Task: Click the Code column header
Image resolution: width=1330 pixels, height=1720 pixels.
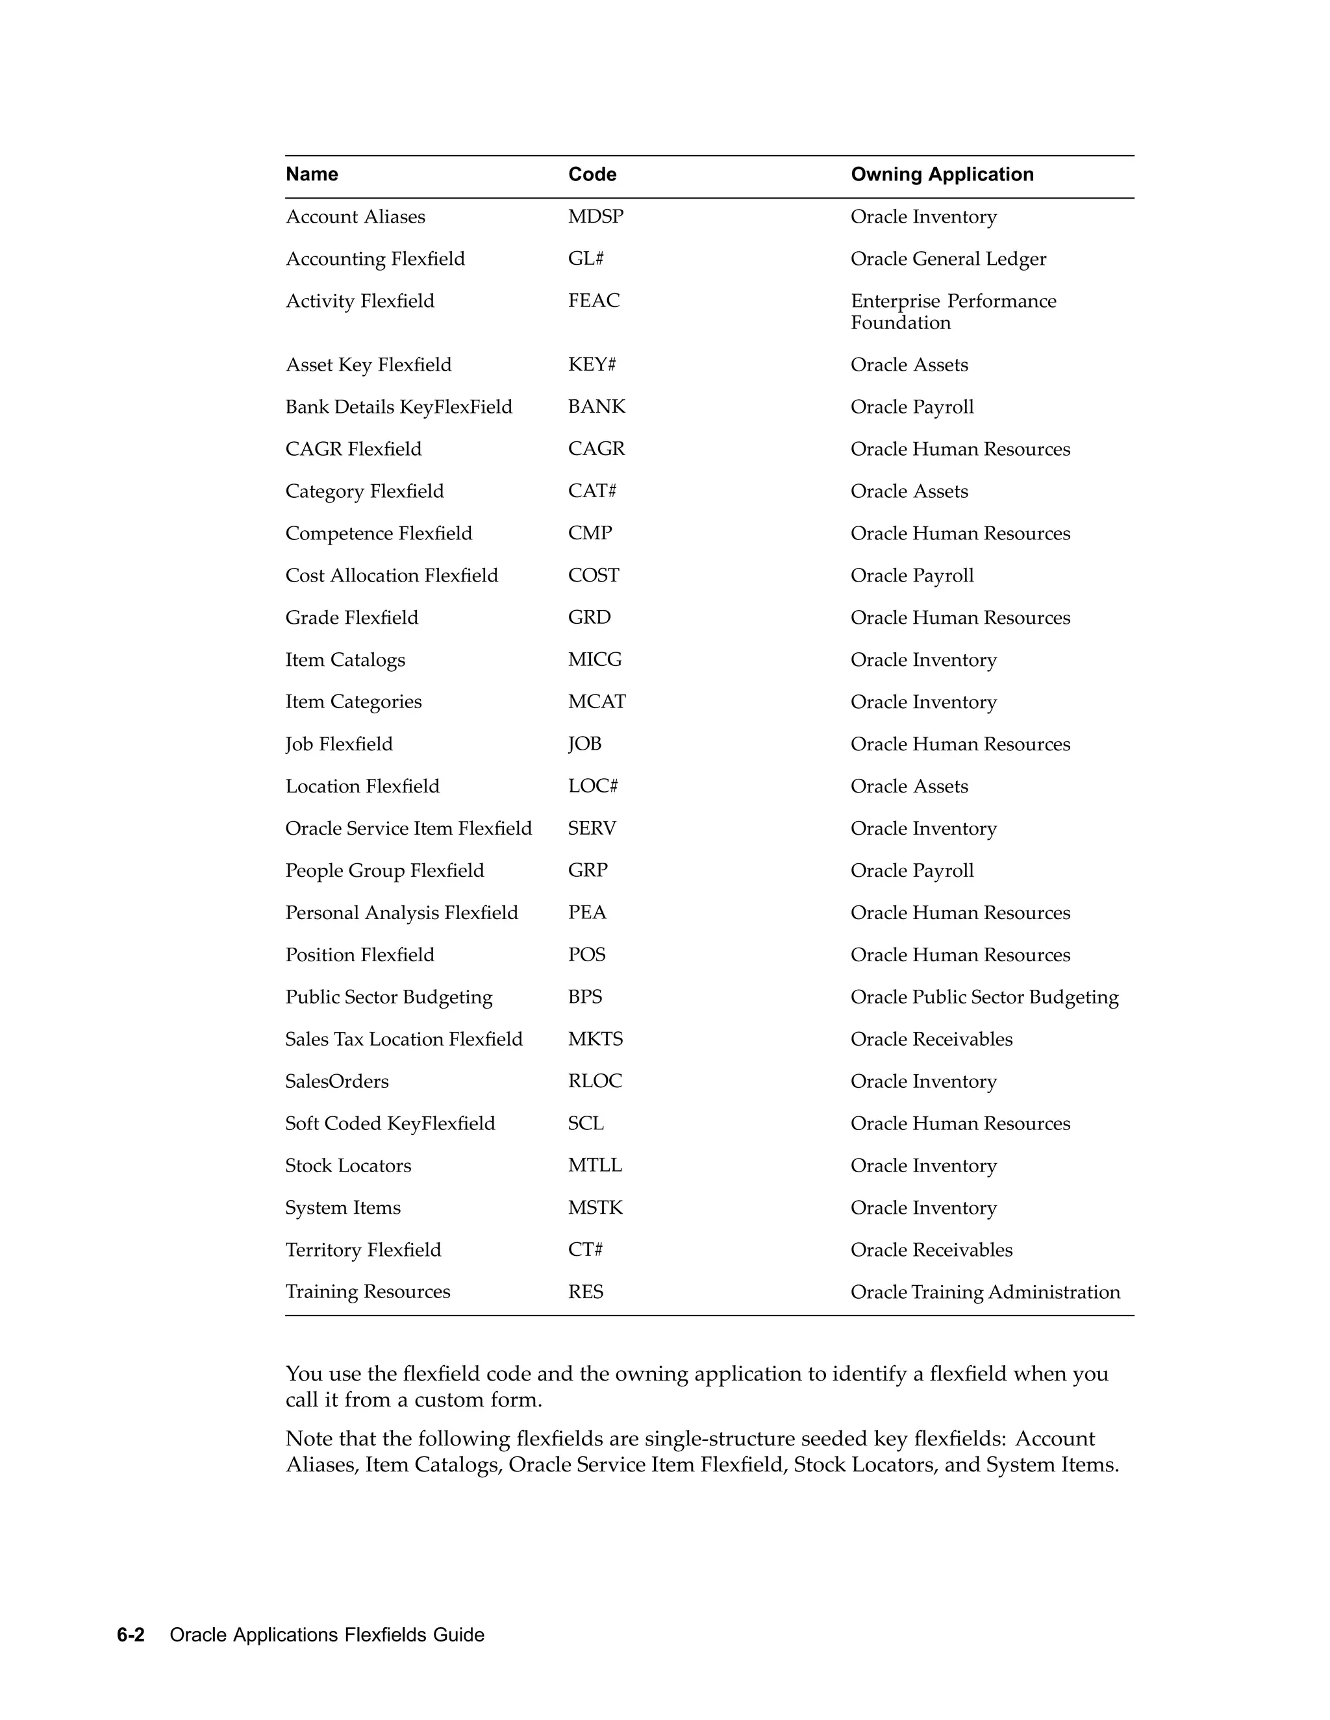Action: (592, 174)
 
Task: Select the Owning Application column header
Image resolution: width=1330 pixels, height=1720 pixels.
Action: (942, 174)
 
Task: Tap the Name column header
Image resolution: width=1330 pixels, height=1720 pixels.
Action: (312, 174)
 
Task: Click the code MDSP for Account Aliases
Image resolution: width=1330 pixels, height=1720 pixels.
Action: (596, 217)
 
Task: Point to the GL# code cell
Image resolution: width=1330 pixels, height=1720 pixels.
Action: (585, 258)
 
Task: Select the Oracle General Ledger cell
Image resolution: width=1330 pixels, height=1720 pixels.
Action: (948, 258)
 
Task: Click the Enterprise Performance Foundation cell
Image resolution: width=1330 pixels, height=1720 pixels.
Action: (953, 312)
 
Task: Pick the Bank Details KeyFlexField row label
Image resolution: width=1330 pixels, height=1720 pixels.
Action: (399, 406)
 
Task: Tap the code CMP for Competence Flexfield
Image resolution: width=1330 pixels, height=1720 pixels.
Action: (590, 533)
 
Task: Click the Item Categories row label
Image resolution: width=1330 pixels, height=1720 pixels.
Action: (353, 702)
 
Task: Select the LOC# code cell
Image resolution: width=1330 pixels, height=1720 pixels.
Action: (592, 786)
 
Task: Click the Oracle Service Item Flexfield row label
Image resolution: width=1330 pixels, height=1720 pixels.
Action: (408, 828)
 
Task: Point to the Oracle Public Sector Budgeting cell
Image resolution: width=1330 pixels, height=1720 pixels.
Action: (984, 997)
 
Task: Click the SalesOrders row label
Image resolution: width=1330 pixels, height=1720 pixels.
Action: (336, 1081)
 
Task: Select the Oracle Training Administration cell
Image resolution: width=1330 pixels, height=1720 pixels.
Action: (985, 1292)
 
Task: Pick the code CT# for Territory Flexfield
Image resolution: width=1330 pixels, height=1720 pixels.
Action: (585, 1250)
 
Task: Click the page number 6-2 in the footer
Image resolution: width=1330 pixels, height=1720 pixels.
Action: (131, 1635)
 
